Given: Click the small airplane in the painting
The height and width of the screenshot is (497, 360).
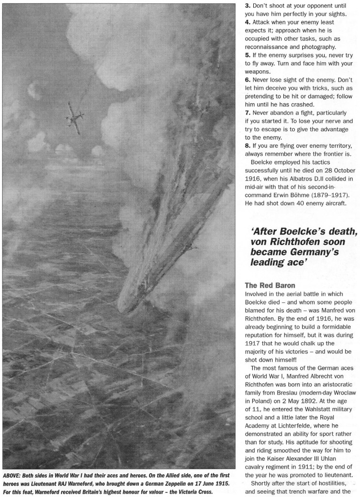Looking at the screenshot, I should [75, 113].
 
